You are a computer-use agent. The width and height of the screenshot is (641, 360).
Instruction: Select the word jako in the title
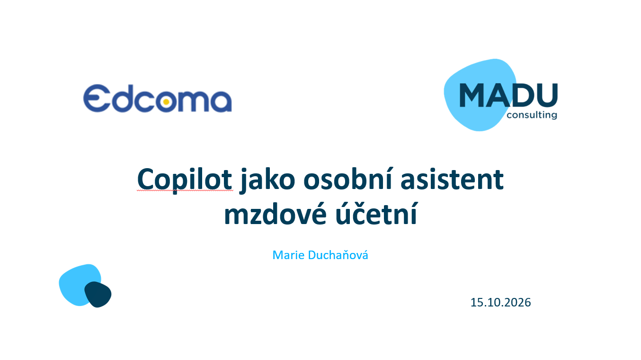267,180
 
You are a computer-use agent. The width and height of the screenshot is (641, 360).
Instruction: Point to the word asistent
452,180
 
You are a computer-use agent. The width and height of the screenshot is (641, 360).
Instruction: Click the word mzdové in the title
275,214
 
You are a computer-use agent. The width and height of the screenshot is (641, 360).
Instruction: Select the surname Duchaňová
338,255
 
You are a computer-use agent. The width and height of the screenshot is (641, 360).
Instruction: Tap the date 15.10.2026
500,302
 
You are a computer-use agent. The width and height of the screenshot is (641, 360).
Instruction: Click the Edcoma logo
157,98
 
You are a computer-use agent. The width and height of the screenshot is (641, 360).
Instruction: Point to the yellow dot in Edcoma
166,102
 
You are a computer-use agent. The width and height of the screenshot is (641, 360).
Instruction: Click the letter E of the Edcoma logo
97,98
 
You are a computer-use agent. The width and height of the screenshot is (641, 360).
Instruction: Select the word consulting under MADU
532,115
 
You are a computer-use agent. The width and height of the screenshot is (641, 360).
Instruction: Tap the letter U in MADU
547,95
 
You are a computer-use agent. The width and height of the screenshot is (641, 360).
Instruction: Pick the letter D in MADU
523,95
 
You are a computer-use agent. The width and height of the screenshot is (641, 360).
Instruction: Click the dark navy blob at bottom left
98,295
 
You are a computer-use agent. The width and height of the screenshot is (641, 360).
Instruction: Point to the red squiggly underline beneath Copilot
185,190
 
